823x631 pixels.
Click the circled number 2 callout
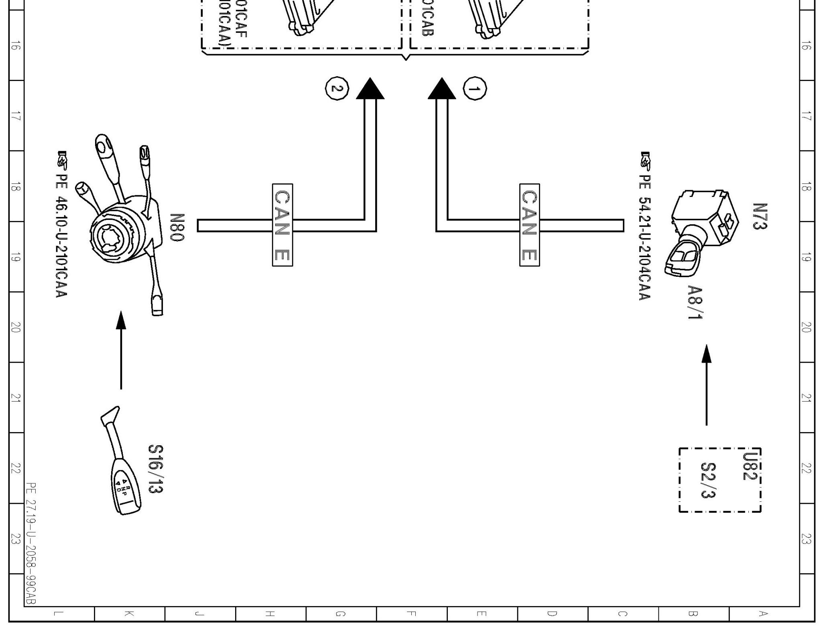coord(337,88)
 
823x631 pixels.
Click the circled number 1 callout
coord(475,88)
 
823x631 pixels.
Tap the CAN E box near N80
coord(282,225)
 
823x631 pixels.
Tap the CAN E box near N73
coord(529,225)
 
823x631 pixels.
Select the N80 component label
coord(177,227)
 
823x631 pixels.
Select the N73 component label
coord(759,216)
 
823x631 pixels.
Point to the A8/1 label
coord(695,302)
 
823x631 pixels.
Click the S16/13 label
coord(156,468)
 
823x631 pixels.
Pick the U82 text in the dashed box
coord(748,466)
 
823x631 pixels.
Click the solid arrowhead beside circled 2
coord(370,89)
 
